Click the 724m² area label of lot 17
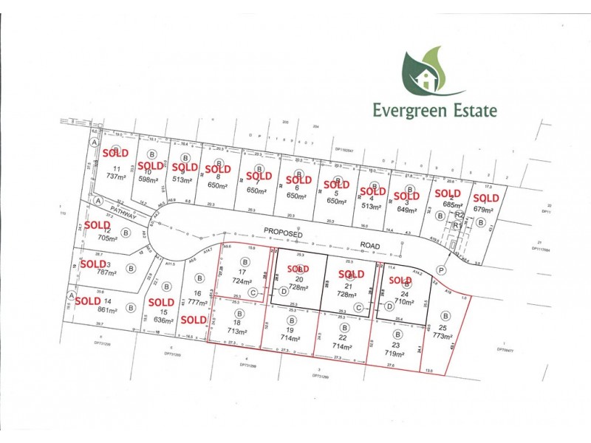click(242, 281)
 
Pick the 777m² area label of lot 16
click(199, 302)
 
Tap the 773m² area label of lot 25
click(444, 337)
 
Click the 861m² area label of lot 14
click(107, 310)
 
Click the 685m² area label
click(448, 204)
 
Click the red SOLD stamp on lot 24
click(400, 281)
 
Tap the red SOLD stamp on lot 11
click(115, 154)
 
